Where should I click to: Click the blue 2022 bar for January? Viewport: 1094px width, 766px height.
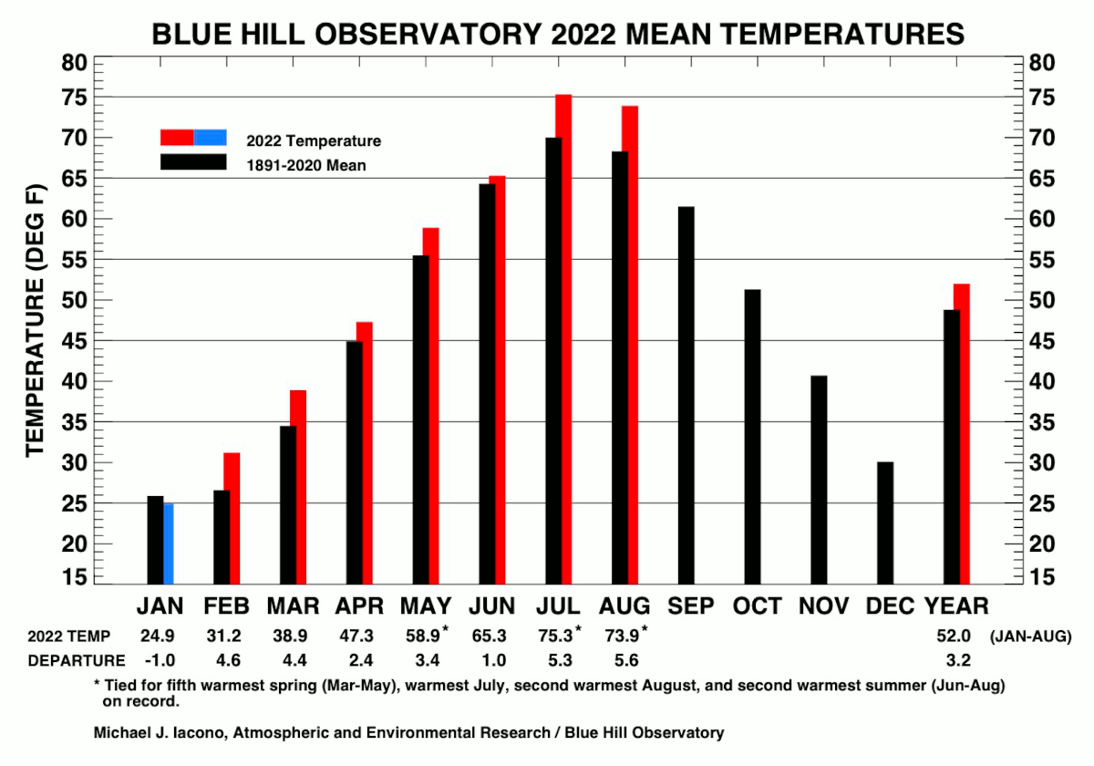(169, 543)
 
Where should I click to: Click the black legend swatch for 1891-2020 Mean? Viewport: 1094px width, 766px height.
(193, 161)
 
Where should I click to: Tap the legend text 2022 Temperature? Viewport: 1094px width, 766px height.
(314, 141)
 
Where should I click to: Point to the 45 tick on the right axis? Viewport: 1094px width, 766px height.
(1040, 341)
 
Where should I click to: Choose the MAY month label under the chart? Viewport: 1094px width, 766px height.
(426, 606)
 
